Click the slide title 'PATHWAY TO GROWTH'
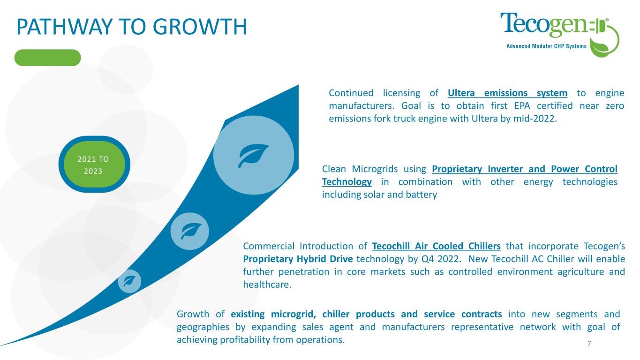click(x=132, y=27)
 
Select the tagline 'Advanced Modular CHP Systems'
click(x=546, y=46)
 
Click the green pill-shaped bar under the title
click(x=48, y=58)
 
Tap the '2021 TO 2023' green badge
click(x=94, y=165)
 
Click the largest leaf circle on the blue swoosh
click(x=254, y=155)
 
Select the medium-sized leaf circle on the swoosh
click(x=190, y=231)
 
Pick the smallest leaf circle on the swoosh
click(x=129, y=281)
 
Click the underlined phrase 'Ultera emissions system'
click(x=507, y=93)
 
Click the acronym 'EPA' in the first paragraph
click(x=522, y=106)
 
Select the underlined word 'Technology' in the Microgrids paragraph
click(x=347, y=182)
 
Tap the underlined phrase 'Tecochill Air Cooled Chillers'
click(x=437, y=246)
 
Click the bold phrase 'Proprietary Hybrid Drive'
click(x=298, y=259)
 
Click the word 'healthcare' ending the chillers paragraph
click(x=266, y=285)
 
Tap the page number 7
click(x=589, y=344)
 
